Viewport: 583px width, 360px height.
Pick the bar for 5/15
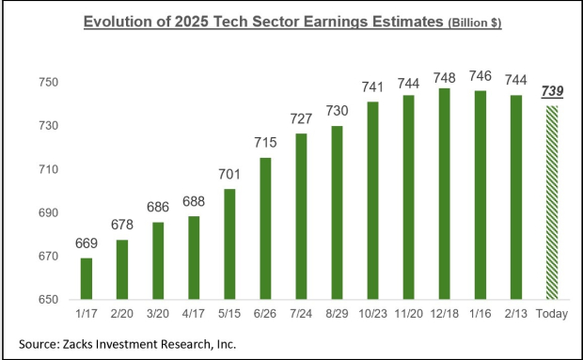point(229,244)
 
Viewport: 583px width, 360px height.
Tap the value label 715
point(265,143)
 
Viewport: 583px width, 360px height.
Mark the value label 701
point(229,174)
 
